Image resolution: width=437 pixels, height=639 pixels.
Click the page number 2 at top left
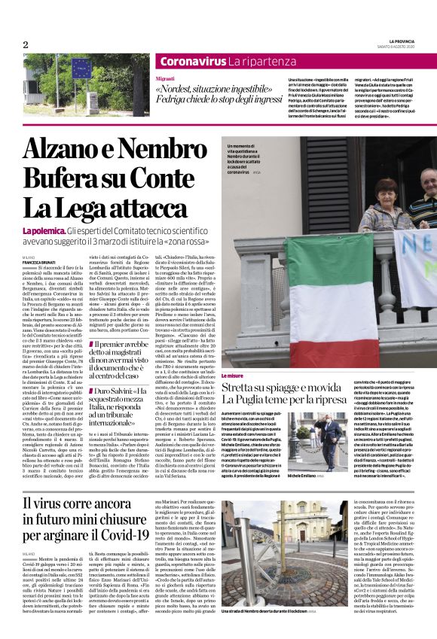[26, 44]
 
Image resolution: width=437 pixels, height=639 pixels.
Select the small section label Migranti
[164, 78]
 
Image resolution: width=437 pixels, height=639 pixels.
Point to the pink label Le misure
[232, 375]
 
